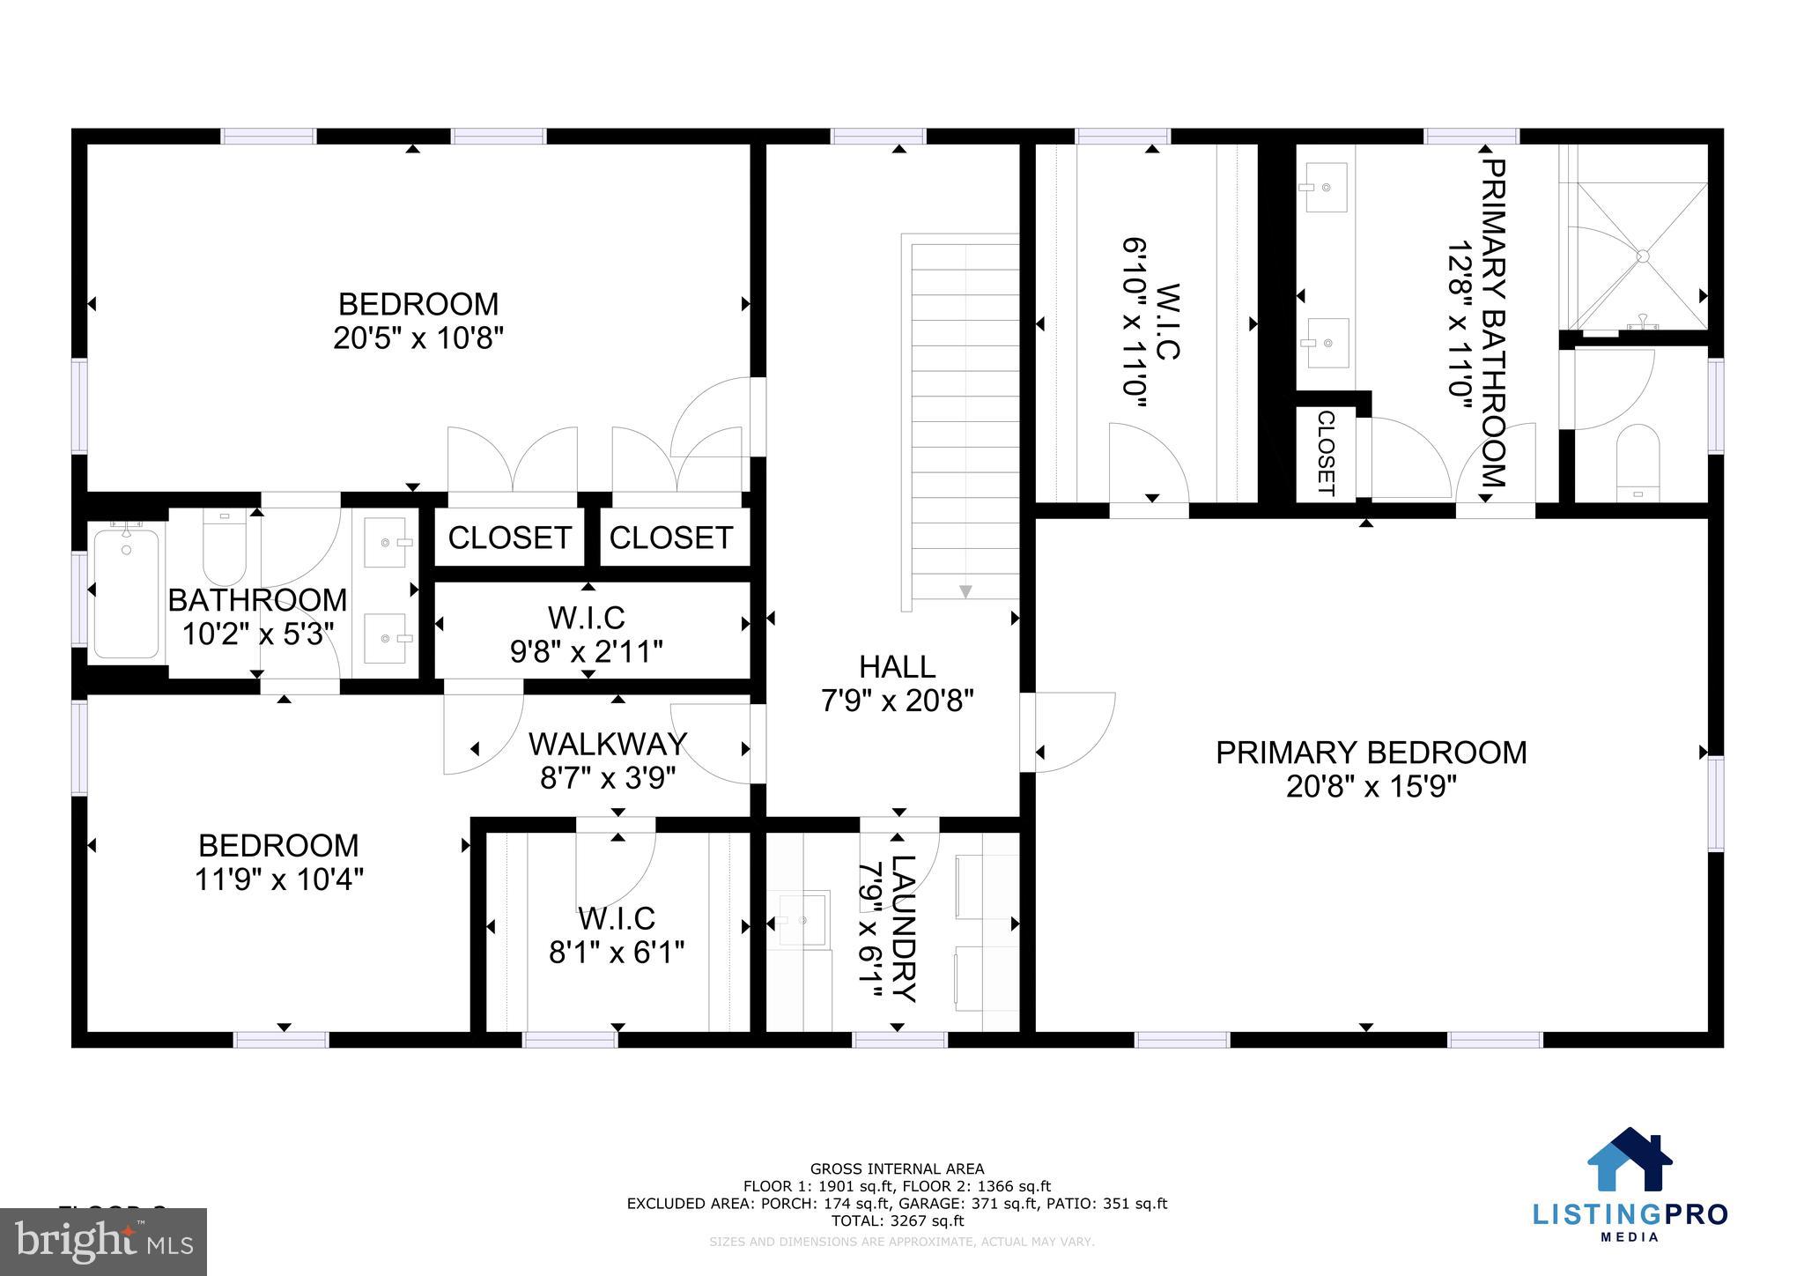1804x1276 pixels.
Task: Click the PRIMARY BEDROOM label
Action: coord(1371,753)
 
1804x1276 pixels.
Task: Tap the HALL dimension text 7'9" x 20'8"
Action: coord(897,701)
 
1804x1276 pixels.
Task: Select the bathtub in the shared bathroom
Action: coord(126,592)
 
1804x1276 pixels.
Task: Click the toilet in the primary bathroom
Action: coord(1638,463)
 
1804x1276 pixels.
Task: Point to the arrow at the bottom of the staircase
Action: coord(965,591)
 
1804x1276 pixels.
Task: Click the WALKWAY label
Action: coord(608,745)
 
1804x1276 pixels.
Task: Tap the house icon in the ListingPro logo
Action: coord(1629,1161)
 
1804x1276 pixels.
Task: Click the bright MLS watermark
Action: coord(103,1242)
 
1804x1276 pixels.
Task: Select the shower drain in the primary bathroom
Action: coord(1642,256)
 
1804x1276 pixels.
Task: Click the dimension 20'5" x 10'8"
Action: coord(418,338)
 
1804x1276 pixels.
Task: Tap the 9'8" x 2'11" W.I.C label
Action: coord(586,651)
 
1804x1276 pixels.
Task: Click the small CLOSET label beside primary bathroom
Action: coord(1326,453)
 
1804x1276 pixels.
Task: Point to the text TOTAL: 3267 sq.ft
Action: coord(897,1220)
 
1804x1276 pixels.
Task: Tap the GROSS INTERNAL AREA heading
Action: coord(897,1169)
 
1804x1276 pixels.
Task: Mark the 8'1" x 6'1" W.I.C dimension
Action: coord(616,953)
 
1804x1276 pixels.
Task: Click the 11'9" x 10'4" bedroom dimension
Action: coord(278,879)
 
